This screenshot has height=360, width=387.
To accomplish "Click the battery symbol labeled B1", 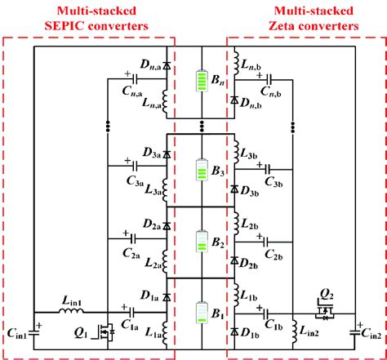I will tap(200, 314).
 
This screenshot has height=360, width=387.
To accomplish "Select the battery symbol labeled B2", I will tap(200, 242).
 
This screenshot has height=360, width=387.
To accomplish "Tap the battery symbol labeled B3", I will tap(200, 171).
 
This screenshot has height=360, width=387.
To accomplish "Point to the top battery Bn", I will tap(200, 82).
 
